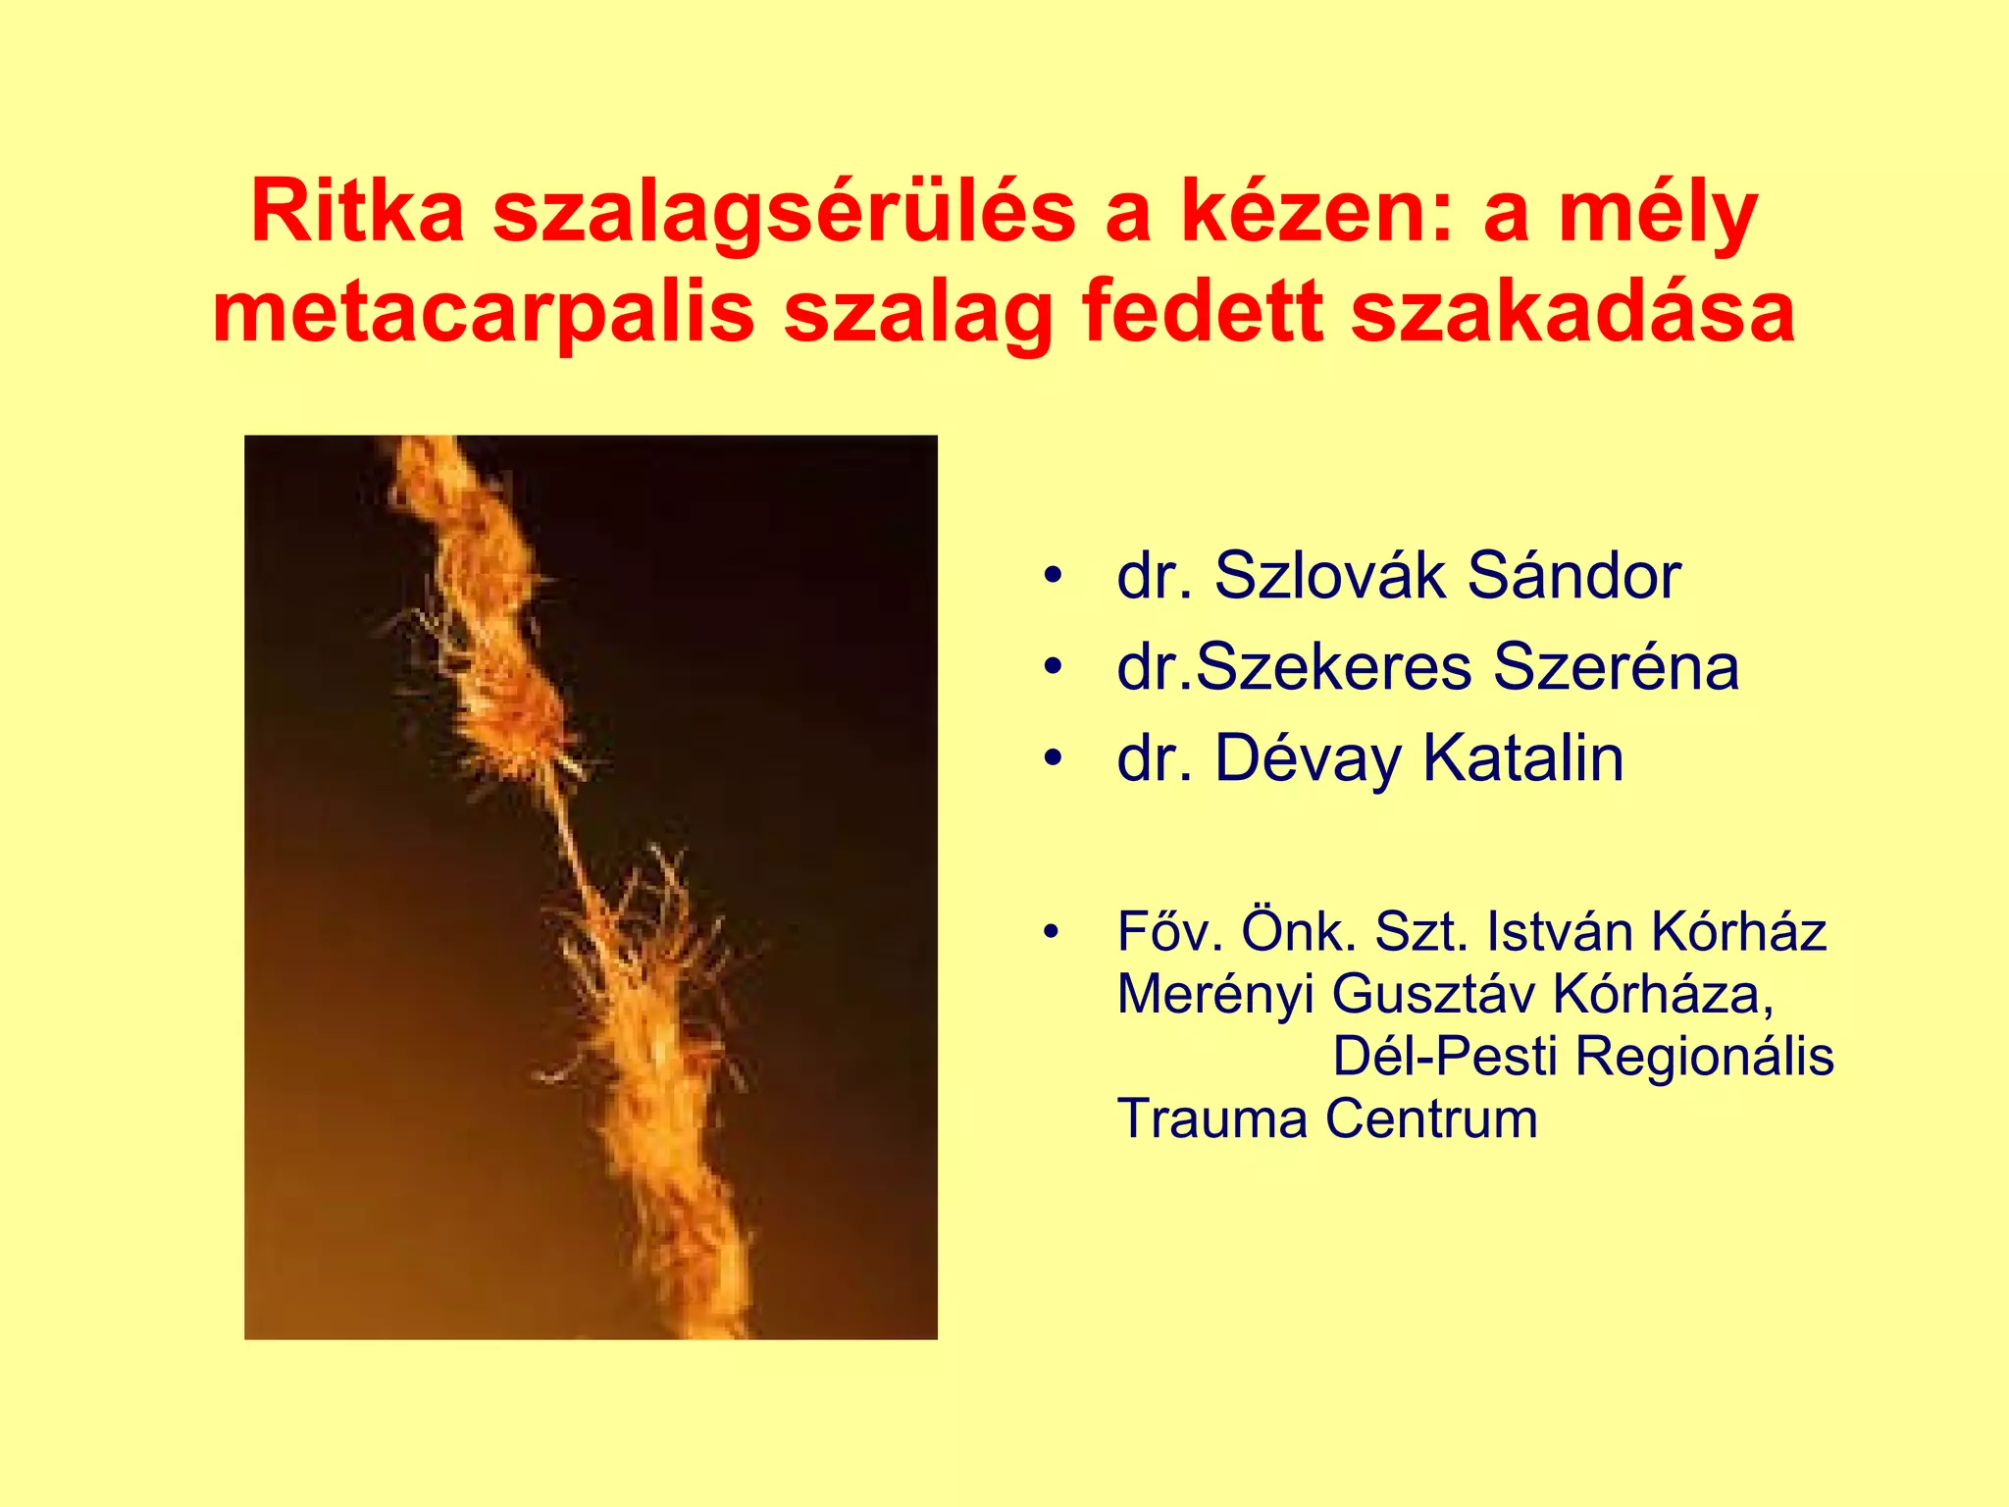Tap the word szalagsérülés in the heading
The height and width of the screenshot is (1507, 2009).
[x=784, y=212]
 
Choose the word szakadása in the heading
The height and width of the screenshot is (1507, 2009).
[x=1572, y=312]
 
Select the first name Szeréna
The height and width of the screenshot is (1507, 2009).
[x=1616, y=667]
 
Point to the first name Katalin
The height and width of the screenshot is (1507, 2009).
[x=1523, y=758]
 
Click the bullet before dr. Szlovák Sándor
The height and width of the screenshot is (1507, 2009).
[x=1054, y=577]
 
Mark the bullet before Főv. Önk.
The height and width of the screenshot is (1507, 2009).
[x=1053, y=932]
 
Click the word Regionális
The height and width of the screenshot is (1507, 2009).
[x=1705, y=1057]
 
